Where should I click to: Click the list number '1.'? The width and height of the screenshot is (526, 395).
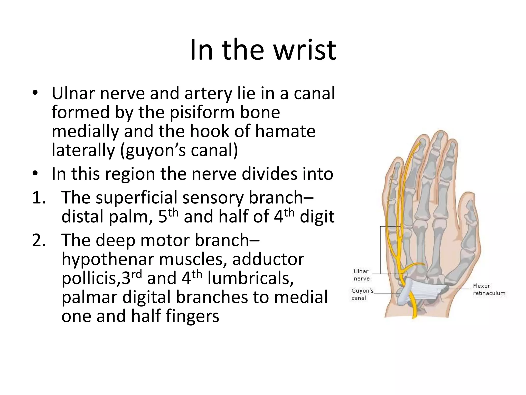pyautogui.click(x=39, y=197)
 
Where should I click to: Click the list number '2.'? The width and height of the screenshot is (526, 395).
pyautogui.click(x=39, y=240)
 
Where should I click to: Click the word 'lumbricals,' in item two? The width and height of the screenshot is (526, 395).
pyautogui.click(x=250, y=278)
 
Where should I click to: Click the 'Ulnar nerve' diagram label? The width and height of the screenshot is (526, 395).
pyautogui.click(x=361, y=275)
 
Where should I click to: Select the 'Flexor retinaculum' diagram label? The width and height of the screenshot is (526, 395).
pyautogui.click(x=489, y=290)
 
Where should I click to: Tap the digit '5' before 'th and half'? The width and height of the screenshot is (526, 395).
pyautogui.click(x=163, y=217)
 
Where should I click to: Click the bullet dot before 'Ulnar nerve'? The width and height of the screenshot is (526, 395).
pyautogui.click(x=35, y=93)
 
